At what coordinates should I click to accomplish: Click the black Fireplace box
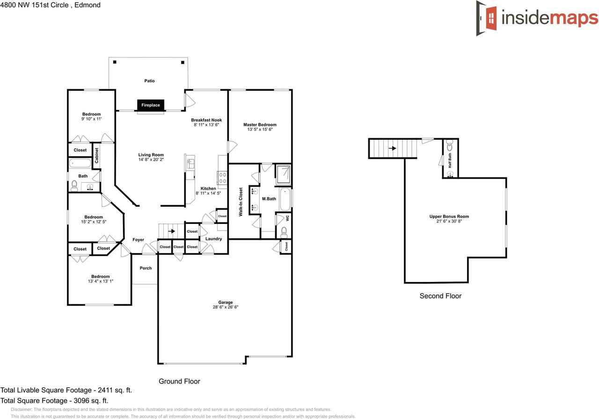(151, 105)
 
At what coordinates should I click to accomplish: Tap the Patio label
(149, 81)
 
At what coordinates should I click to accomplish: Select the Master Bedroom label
(260, 125)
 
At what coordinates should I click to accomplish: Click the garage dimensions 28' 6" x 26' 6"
(225, 307)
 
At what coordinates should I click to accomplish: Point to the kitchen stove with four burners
(223, 178)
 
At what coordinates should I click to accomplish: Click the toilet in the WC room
(284, 231)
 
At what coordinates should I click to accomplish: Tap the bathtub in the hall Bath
(80, 164)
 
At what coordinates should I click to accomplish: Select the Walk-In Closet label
(241, 202)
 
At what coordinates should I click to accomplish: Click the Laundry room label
(213, 239)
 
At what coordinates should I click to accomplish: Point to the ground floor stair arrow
(172, 231)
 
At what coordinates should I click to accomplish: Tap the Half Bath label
(450, 160)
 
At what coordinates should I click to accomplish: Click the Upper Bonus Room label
(449, 217)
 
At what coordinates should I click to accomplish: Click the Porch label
(146, 268)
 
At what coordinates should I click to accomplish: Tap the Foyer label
(138, 240)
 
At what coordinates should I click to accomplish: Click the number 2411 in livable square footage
(106, 390)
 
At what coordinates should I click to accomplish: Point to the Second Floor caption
(440, 296)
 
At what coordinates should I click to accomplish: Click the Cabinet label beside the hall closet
(97, 155)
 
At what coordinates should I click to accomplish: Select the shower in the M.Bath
(283, 174)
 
